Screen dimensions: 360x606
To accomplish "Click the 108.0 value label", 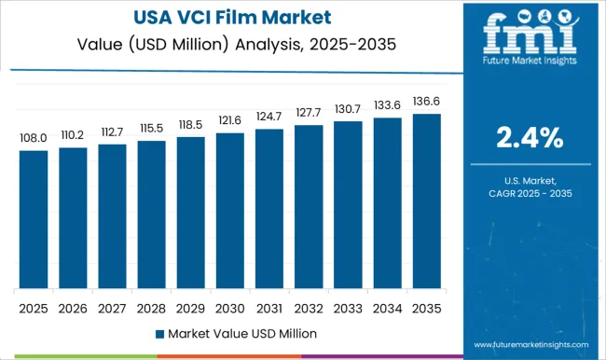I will tap(34, 138).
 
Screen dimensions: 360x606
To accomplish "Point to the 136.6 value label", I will tap(427, 102).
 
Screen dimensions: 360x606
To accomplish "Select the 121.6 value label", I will tap(230, 121).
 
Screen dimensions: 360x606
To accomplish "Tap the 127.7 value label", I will tap(309, 113).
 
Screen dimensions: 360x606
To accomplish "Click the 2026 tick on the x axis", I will tap(73, 307).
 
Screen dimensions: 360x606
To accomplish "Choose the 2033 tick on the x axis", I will tap(348, 307).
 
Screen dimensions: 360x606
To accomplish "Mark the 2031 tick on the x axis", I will tap(269, 307).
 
